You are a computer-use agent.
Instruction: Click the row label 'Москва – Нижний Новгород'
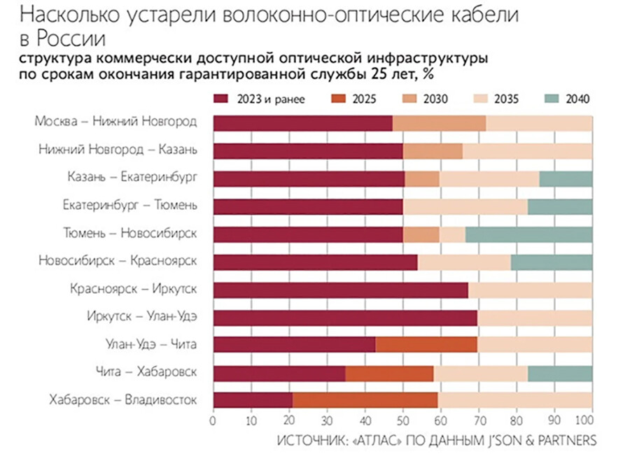[x=116, y=122]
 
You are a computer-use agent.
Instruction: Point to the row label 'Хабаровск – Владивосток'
[x=123, y=400]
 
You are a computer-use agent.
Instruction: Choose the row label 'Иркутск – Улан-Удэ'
[x=142, y=316]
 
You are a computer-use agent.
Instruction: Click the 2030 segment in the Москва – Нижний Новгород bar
[x=439, y=123]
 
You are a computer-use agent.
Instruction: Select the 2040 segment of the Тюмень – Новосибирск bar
[x=528, y=234]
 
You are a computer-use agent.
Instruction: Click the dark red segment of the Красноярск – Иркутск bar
[x=340, y=290]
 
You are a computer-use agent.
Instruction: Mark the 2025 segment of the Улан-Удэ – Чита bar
[x=426, y=345]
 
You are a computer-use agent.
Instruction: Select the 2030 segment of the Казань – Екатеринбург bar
[x=422, y=178]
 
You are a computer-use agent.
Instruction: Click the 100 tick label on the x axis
[x=584, y=422]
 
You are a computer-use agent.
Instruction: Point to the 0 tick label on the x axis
[x=213, y=422]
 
